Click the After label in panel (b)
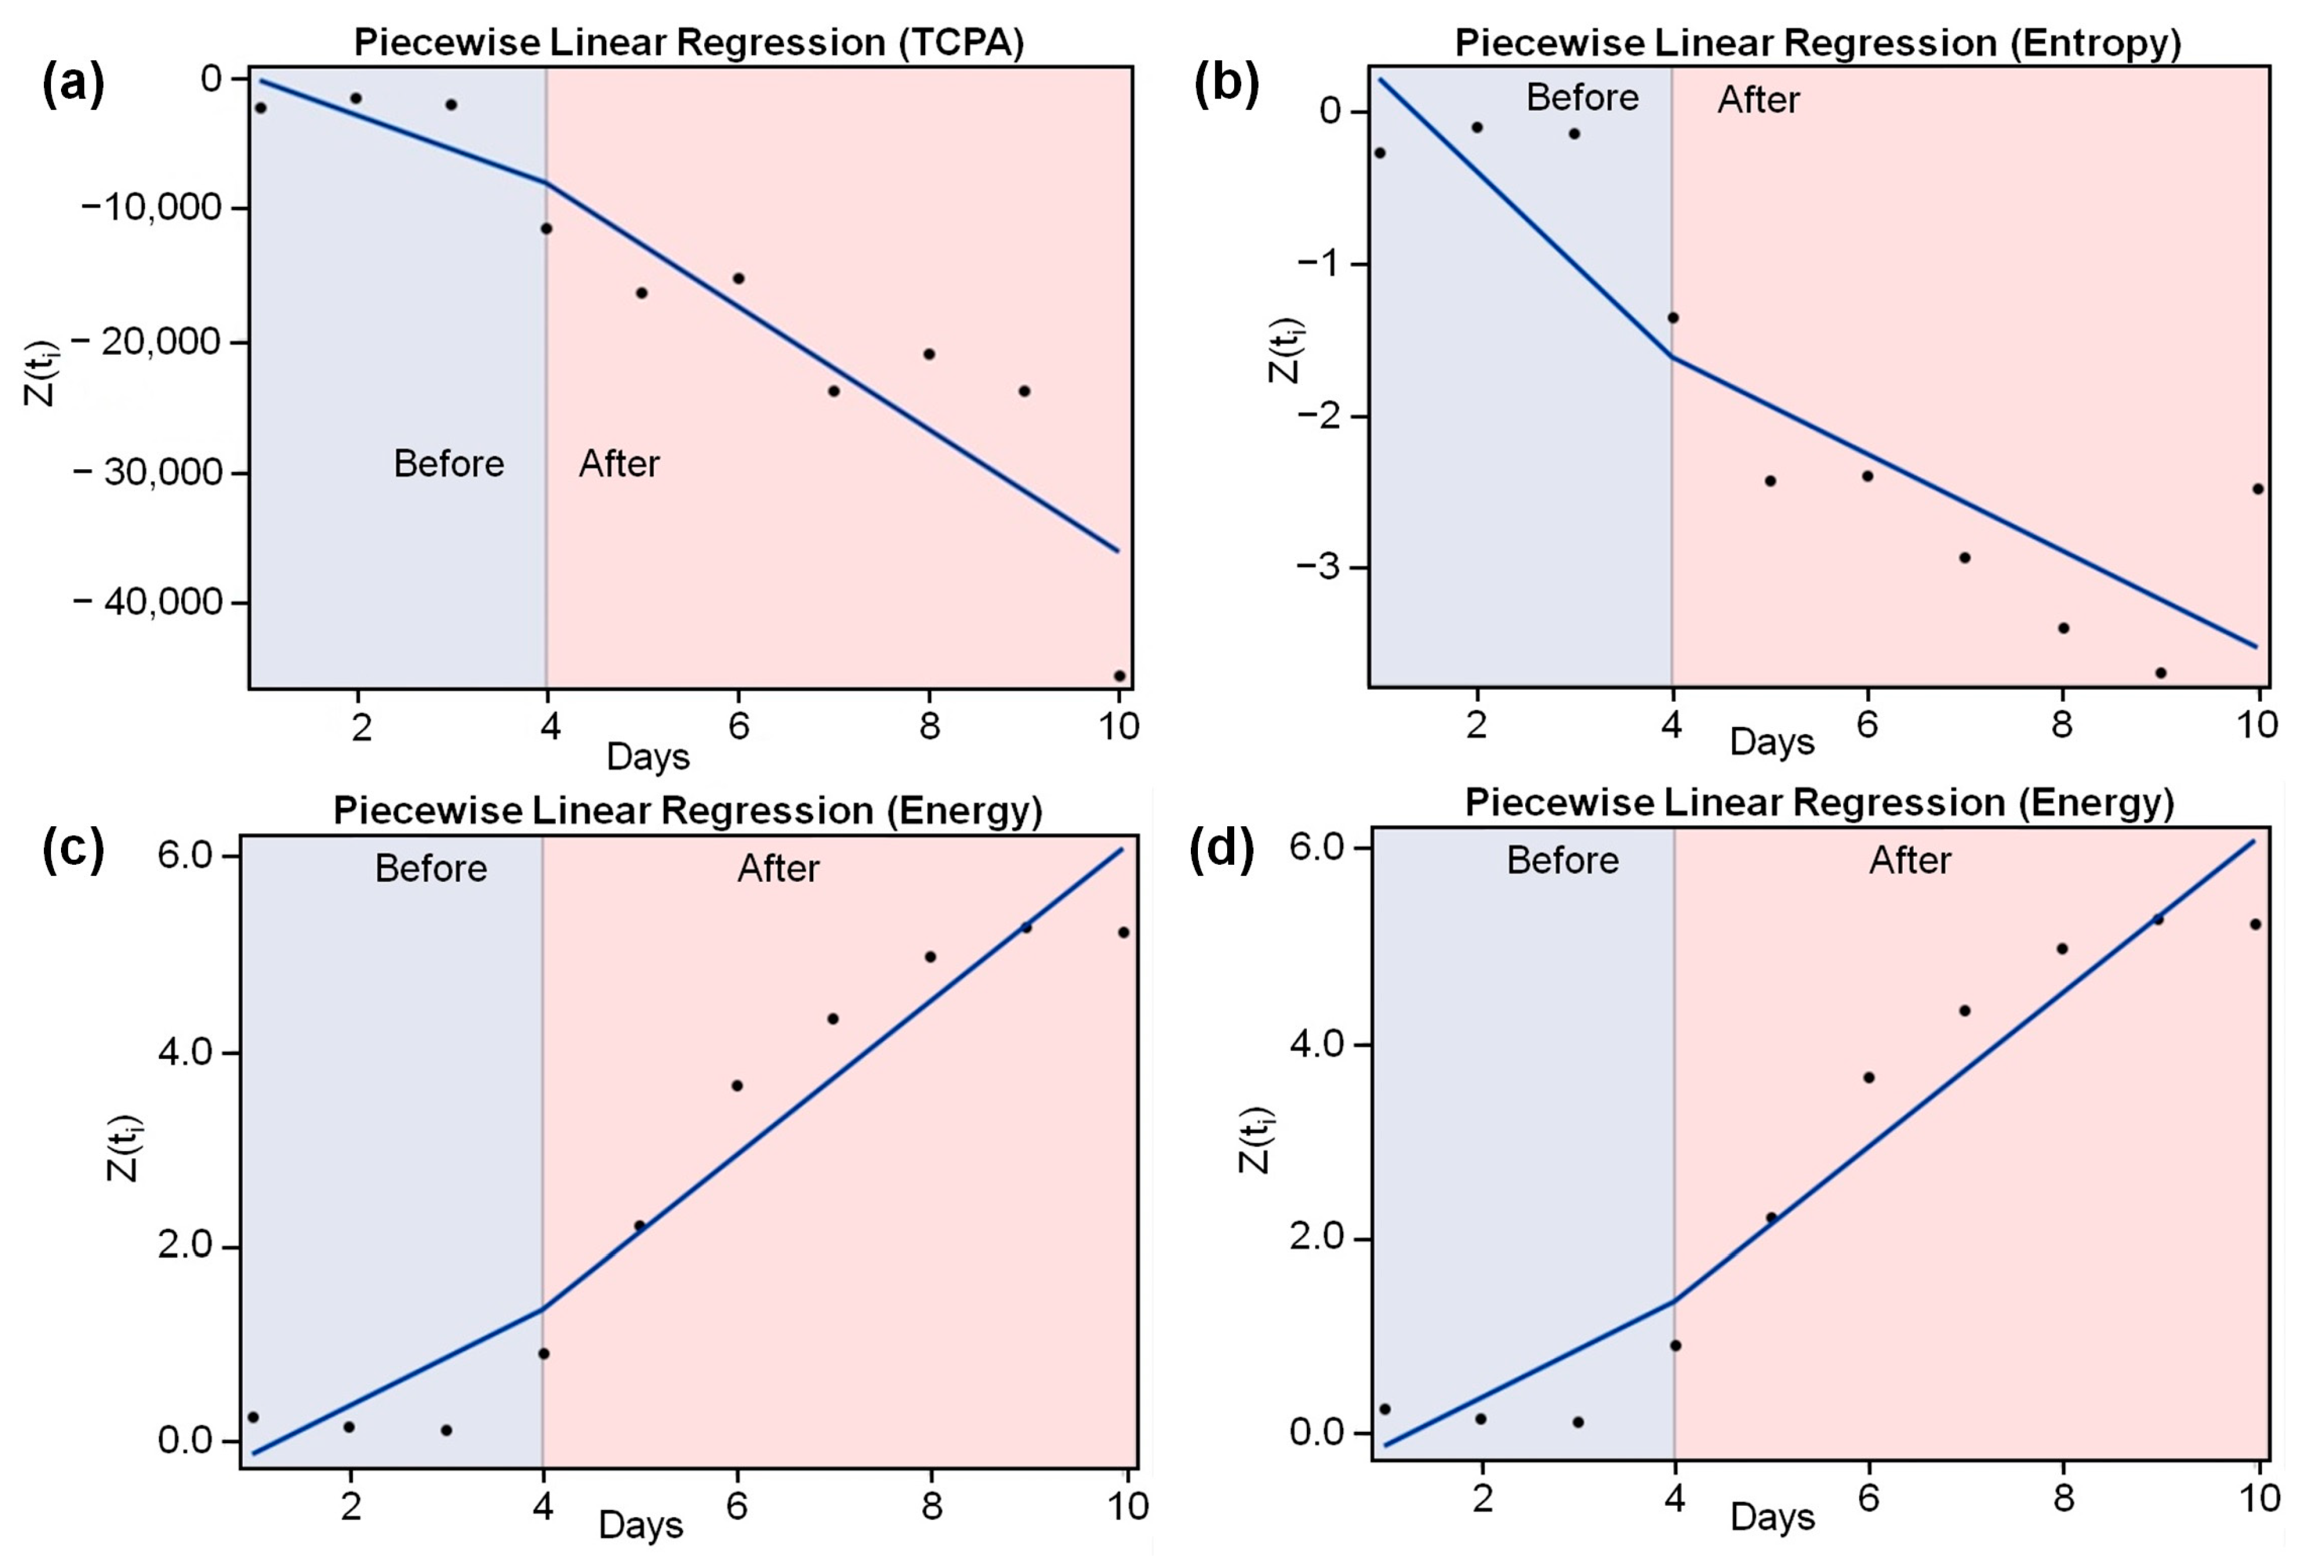[1758, 100]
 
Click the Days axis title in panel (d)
[1772, 1516]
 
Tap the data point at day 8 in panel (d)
[2063, 948]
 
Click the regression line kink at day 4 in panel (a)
[546, 182]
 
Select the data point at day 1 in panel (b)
[1380, 152]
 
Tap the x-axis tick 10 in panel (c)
[1127, 1506]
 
